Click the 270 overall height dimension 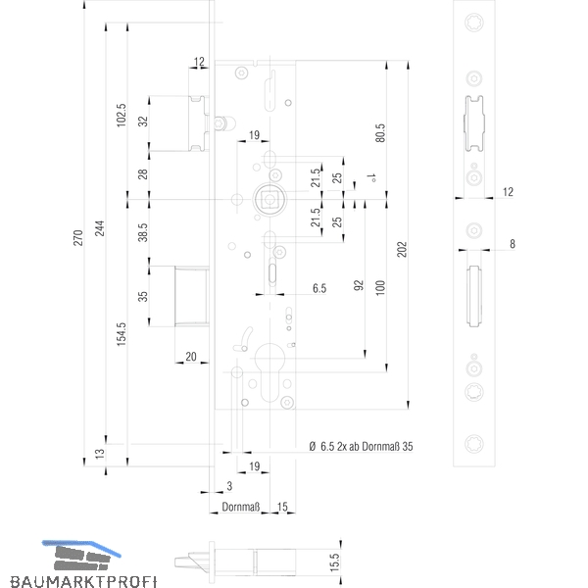coord(78,238)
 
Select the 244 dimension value coord(100,228)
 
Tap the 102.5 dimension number coord(122,115)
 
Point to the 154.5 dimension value coord(122,334)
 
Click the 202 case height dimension coord(402,249)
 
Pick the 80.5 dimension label coord(380,133)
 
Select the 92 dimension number coord(359,285)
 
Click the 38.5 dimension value coord(143,232)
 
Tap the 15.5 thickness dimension coord(334,563)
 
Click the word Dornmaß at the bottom coord(241,507)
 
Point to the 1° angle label coord(371,177)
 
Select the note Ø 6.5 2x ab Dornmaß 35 coord(361,446)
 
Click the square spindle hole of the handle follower coord(269,199)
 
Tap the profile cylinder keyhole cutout coord(269,371)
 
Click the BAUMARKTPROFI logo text coord(83,581)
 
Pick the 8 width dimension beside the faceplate coord(513,244)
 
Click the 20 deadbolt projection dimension coord(191,357)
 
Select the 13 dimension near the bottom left coord(100,454)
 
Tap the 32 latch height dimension coord(143,122)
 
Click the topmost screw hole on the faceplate coord(474,23)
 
